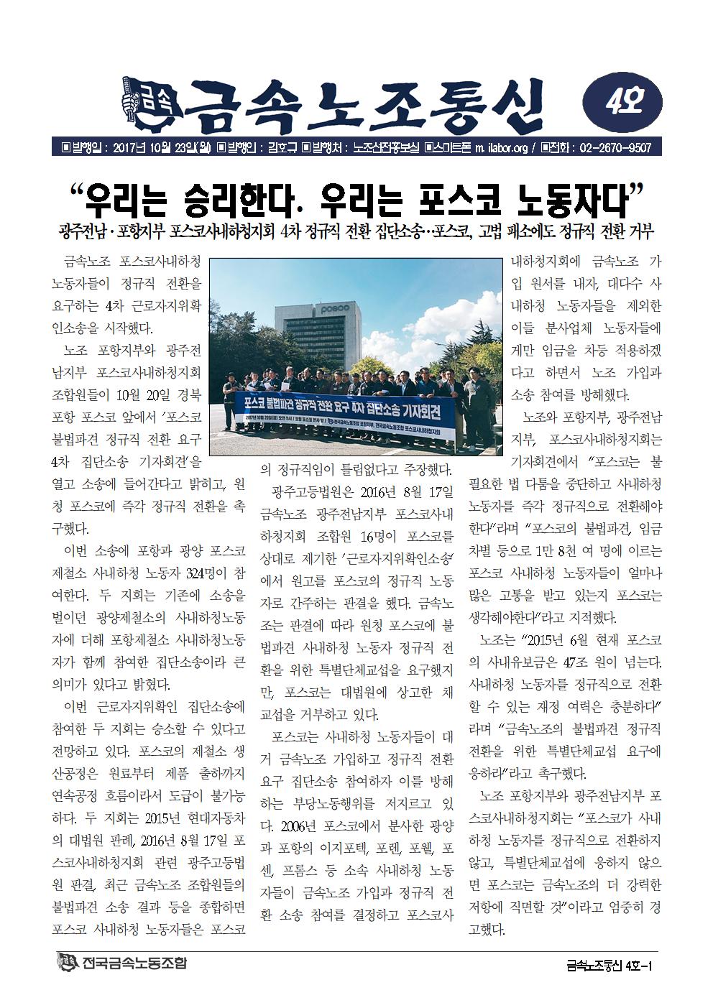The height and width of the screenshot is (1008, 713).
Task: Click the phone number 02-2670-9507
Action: (612, 148)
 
